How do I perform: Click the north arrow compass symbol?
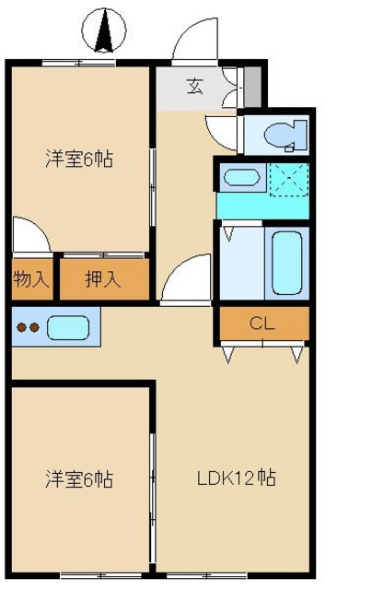click(104, 30)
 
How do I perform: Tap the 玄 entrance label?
click(195, 86)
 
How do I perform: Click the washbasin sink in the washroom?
click(241, 177)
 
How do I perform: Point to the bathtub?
click(286, 263)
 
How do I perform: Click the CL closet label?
click(262, 324)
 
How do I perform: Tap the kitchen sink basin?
click(68, 328)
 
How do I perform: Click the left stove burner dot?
click(22, 328)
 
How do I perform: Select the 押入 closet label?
click(103, 279)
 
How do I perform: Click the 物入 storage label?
click(31, 279)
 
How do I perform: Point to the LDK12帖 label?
click(237, 478)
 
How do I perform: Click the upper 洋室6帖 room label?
click(79, 159)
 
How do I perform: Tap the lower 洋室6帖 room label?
click(79, 479)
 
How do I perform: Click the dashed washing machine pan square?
click(289, 180)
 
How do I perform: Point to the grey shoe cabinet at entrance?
click(252, 87)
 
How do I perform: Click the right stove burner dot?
click(34, 328)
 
